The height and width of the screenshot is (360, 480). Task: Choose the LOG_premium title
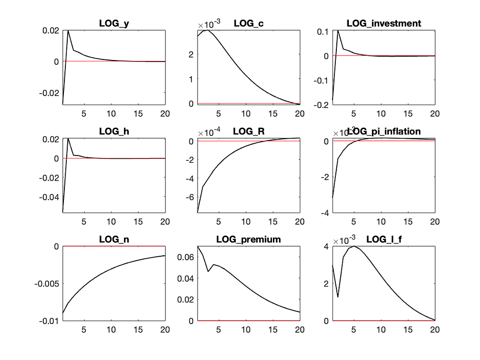coord(248,239)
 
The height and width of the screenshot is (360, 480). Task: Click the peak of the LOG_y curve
coord(68,30)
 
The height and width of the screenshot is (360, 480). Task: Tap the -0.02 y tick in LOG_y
coord(50,92)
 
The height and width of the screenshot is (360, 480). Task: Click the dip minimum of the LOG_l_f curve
coord(338,297)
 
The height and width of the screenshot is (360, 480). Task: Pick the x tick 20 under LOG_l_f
coord(435,330)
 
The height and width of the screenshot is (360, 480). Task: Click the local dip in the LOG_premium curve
coord(209,271)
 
